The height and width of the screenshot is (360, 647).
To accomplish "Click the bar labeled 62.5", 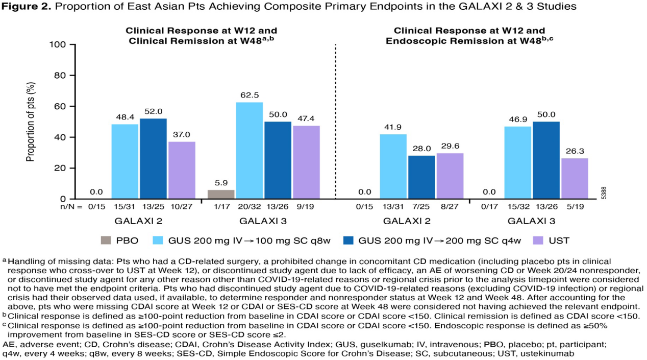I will pos(250,151).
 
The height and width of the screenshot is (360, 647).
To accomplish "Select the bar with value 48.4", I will pos(125,161).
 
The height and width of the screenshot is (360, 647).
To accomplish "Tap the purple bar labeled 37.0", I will pos(182,170).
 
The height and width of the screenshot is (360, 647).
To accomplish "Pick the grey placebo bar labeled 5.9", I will pos(221,194).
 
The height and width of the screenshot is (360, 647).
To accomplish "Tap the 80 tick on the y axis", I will pos(60,76).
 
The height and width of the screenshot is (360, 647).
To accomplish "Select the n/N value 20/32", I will pos(250,207).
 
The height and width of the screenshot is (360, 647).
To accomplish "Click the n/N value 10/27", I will pos(182,207).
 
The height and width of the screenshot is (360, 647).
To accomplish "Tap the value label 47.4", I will pos(306,117).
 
